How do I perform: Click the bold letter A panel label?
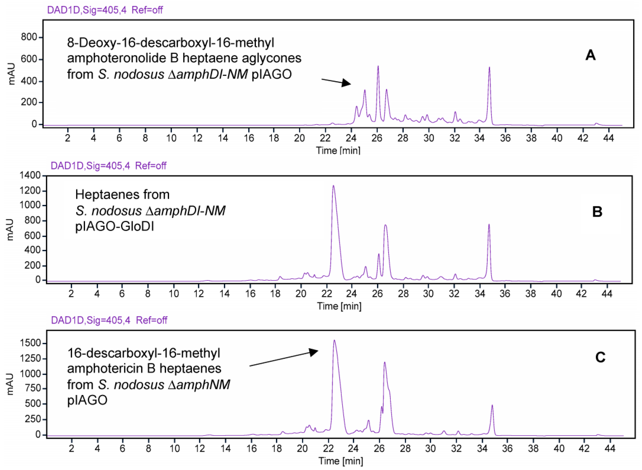click(590, 55)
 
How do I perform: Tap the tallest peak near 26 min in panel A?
click(378, 67)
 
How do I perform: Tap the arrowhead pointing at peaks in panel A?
click(346, 83)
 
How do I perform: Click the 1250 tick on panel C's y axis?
click(30, 359)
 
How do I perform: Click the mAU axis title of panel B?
click(10, 230)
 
